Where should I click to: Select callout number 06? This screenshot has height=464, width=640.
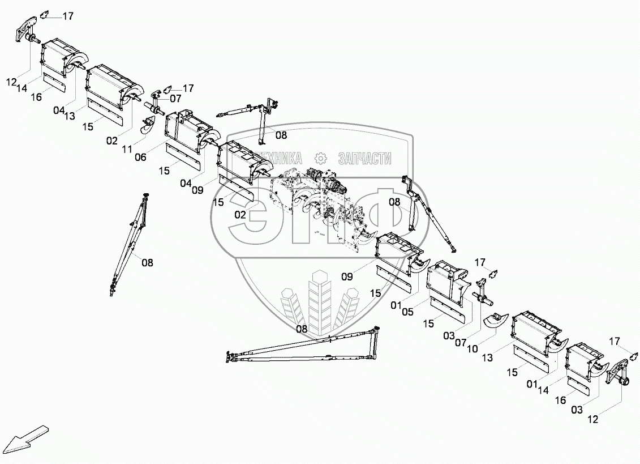pyautogui.click(x=141, y=157)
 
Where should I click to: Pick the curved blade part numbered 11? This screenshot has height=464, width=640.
pyautogui.click(x=148, y=126)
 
